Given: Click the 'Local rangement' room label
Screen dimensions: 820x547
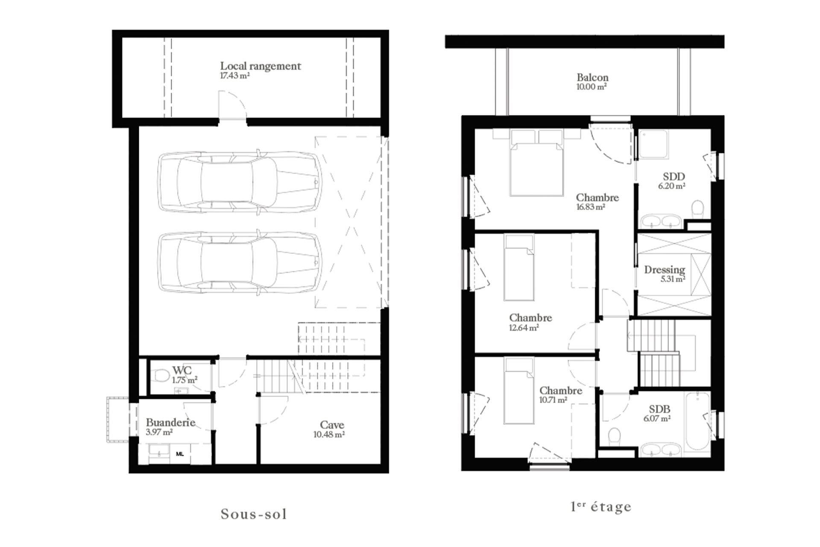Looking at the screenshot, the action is [261, 66].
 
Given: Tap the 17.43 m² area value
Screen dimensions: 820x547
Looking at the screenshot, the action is [234, 76].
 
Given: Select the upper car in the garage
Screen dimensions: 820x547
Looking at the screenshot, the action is [240, 181].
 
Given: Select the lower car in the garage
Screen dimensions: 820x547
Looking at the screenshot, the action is [240, 262].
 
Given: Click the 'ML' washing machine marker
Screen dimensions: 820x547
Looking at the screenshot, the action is [180, 454].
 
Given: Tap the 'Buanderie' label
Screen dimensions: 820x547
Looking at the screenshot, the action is [170, 422].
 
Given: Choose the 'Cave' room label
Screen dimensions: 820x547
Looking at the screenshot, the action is [332, 425].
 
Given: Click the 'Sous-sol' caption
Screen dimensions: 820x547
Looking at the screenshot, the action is [254, 514].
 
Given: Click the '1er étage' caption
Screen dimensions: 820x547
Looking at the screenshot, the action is [601, 507].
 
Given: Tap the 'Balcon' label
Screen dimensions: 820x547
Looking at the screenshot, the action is [592, 77].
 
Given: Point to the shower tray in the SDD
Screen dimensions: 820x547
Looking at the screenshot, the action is [654, 144].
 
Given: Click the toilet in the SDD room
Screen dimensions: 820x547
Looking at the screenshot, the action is [697, 209].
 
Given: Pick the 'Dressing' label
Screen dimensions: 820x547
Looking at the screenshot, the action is [665, 270].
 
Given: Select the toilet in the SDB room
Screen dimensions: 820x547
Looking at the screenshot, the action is [614, 436].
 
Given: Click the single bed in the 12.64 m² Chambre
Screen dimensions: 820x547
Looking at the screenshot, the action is [519, 267].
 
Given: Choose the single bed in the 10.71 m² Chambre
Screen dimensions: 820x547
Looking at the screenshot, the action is [519, 391].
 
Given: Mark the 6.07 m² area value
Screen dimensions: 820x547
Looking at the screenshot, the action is [657, 418].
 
